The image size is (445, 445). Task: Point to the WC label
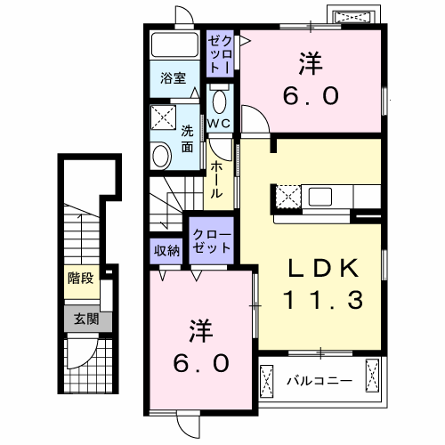pyautogui.click(x=220, y=123)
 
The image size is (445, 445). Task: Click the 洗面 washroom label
pyautogui.click(x=189, y=138)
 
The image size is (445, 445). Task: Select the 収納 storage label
pyautogui.click(x=167, y=250)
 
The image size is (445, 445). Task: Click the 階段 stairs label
pyautogui.click(x=80, y=278)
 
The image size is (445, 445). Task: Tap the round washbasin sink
pyautogui.click(x=161, y=157)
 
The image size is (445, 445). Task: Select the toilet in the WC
pyautogui.click(x=219, y=97)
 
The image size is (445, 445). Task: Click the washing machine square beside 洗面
pyautogui.click(x=163, y=117)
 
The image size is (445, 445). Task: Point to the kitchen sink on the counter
pyautogui.click(x=320, y=196)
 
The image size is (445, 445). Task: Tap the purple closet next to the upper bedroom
pyautogui.click(x=220, y=54)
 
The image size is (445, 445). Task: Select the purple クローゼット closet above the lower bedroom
pyautogui.click(x=210, y=240)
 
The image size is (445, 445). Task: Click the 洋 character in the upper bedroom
pyautogui.click(x=310, y=65)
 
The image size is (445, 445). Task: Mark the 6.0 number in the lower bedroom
pyautogui.click(x=202, y=362)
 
